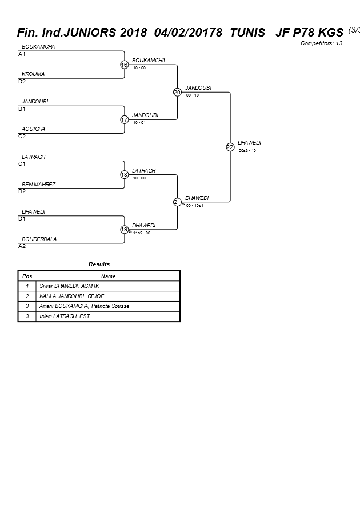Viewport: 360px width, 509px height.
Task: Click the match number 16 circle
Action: pos(124,65)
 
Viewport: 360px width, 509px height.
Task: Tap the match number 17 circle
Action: pos(124,119)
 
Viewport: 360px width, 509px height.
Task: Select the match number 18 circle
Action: pos(124,175)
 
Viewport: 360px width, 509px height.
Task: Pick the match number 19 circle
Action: pos(124,230)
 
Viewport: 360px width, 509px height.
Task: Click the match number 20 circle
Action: pos(177,92)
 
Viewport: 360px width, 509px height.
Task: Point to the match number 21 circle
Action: pos(177,202)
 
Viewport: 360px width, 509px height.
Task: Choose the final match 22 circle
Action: pos(230,147)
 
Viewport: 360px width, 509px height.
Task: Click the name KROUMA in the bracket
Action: pos(33,74)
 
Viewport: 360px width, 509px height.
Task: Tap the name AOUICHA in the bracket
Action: pos(33,129)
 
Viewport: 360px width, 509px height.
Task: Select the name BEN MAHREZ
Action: pos(38,185)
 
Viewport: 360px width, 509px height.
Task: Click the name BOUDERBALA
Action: pos(39,239)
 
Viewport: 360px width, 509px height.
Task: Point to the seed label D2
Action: pos(22,81)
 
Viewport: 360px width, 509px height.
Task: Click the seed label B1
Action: pos(22,109)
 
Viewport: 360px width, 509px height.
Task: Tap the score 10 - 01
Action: pos(139,123)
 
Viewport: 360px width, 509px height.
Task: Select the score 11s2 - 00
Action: pos(142,233)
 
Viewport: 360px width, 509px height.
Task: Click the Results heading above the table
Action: pos(99,264)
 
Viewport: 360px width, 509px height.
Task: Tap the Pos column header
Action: pos(27,276)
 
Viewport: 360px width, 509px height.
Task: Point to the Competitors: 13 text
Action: pos(321,43)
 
